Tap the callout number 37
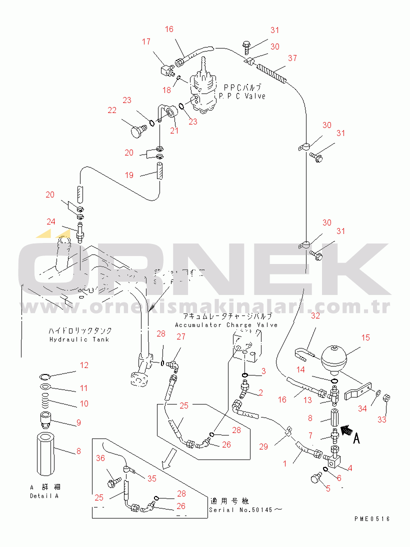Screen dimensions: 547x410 (292, 58)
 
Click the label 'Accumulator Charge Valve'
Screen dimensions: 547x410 (226, 325)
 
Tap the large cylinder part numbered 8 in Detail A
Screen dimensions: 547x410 (48, 455)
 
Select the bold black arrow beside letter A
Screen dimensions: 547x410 (347, 429)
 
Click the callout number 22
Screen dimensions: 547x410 (111, 110)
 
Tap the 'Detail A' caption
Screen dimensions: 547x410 (44, 495)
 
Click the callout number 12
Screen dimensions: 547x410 (84, 365)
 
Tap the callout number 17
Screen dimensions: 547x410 (146, 42)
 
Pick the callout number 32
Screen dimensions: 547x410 (315, 315)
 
